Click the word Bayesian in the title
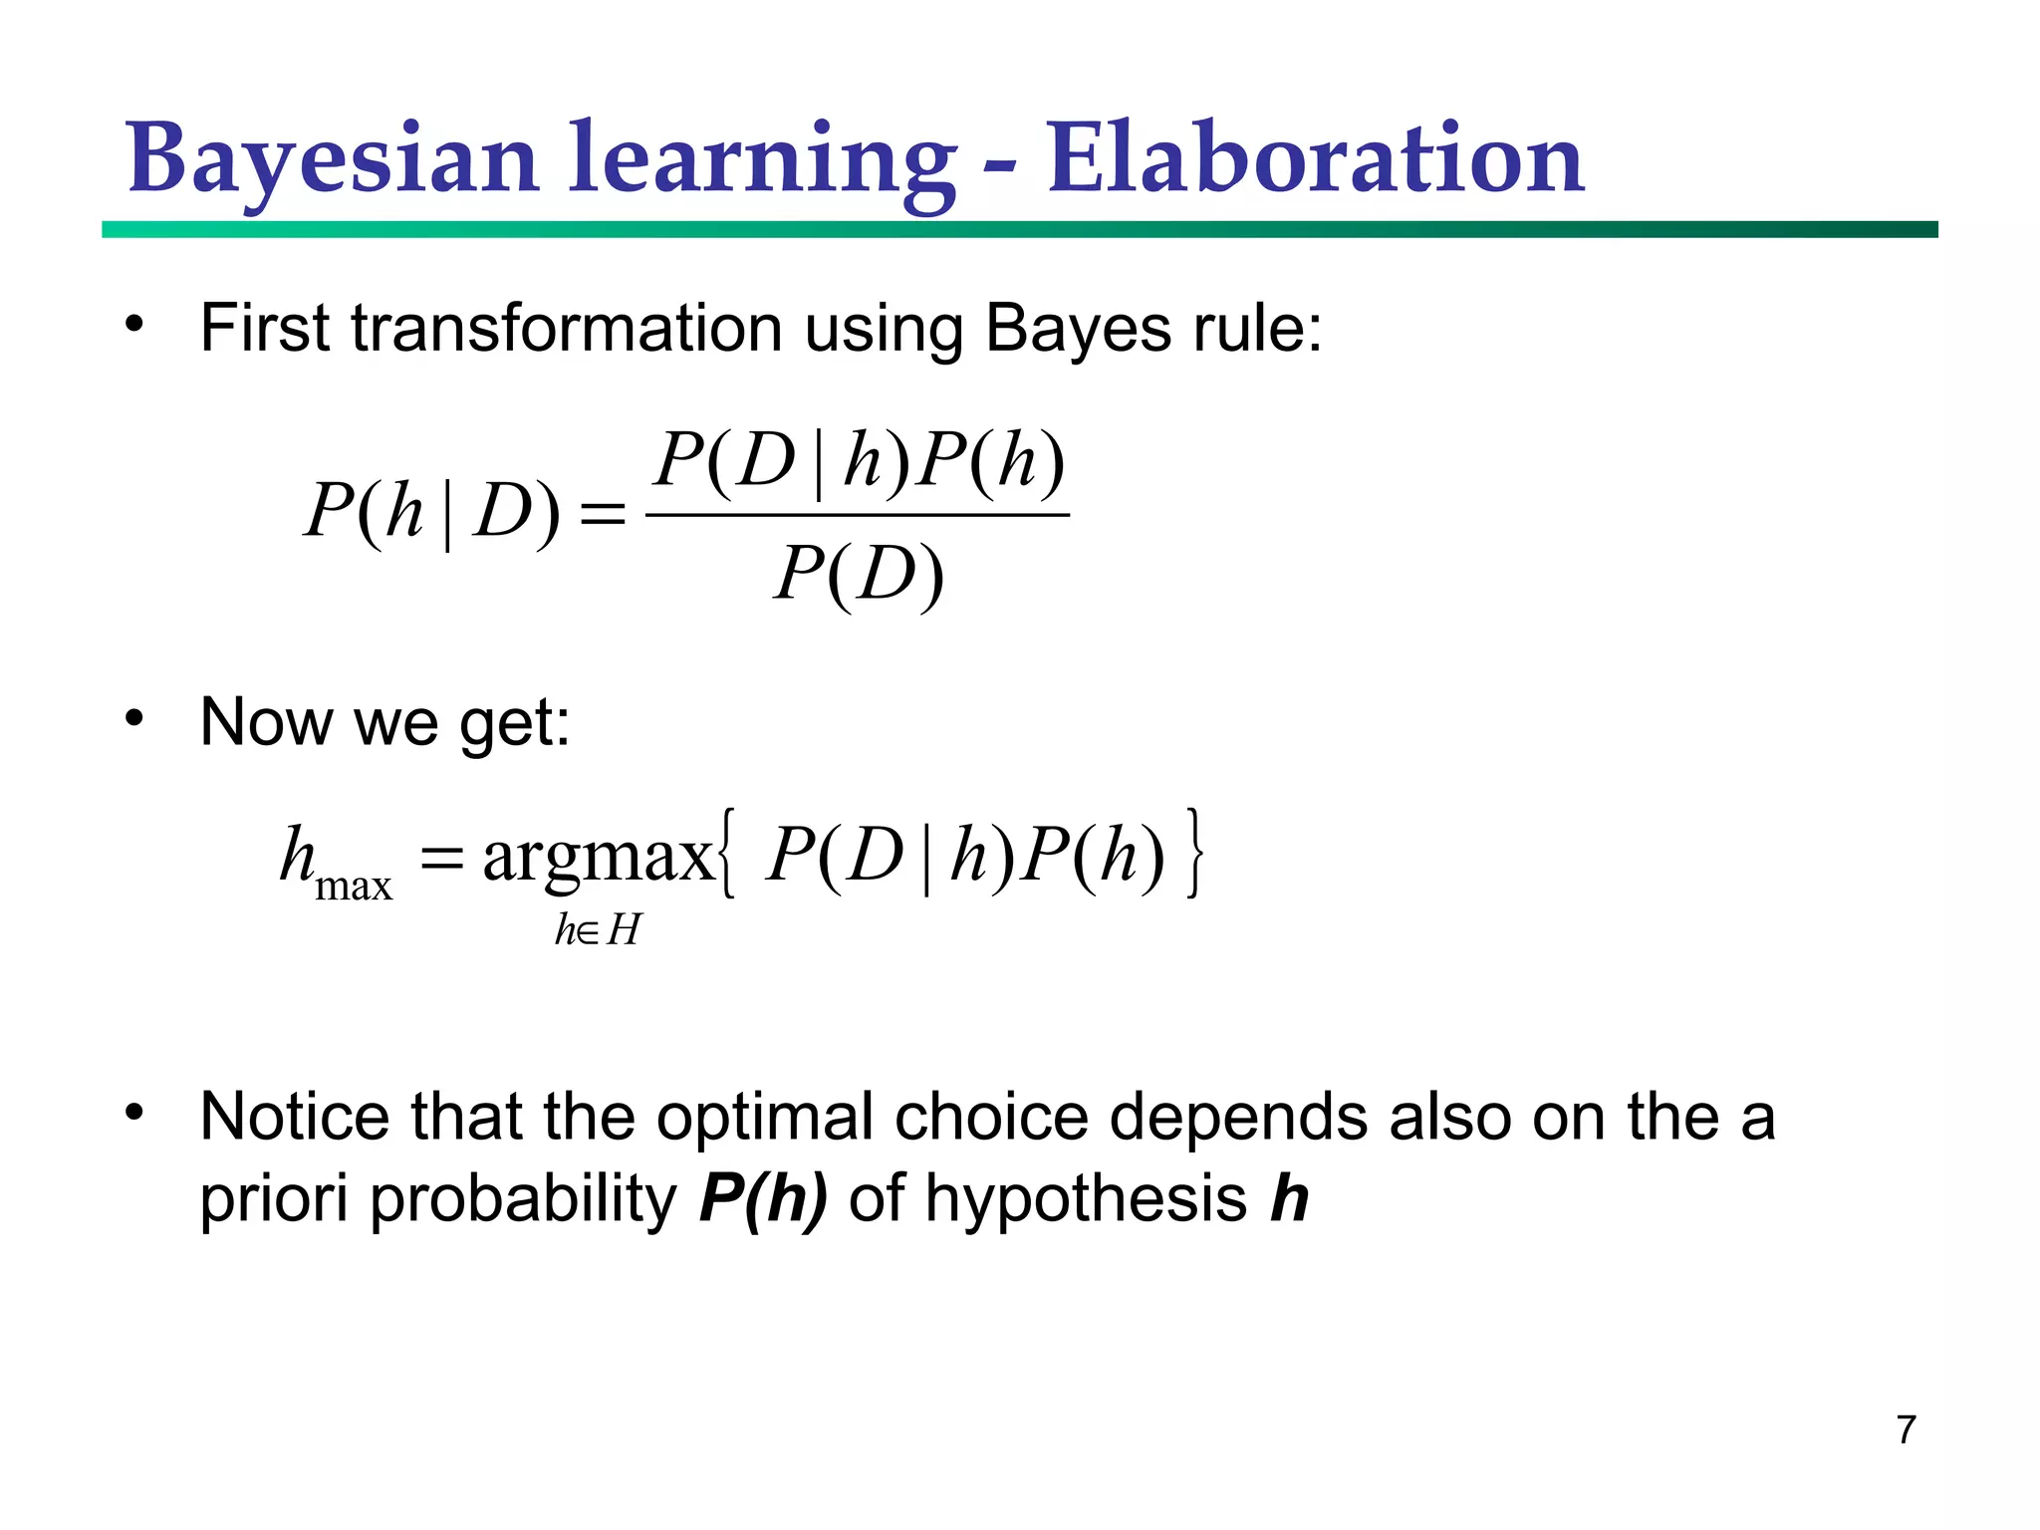[x=334, y=159]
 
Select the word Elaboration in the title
[x=1315, y=159]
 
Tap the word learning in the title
[x=762, y=159]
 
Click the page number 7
[x=1906, y=1429]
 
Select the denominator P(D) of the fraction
[x=859, y=575]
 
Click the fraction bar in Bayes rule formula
[x=858, y=515]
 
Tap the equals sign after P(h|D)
[x=603, y=515]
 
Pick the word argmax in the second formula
[x=598, y=857]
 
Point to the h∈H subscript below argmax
[x=598, y=930]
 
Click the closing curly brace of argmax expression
[x=1194, y=855]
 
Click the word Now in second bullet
[x=265, y=721]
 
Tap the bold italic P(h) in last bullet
[x=763, y=1197]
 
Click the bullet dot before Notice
[x=134, y=1113]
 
